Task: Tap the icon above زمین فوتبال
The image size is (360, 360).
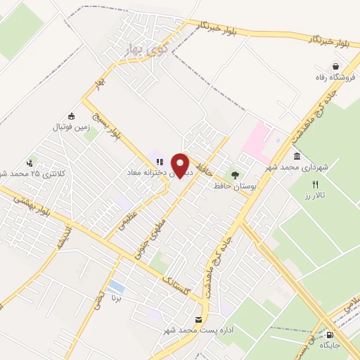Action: click(70, 116)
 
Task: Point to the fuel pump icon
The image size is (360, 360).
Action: click(330, 335)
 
